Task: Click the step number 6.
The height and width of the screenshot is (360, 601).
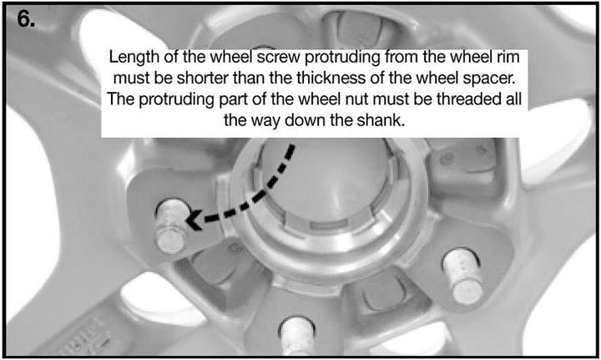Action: (26, 18)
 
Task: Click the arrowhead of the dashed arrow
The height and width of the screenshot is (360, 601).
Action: (194, 220)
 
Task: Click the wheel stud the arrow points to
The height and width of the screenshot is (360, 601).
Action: (171, 226)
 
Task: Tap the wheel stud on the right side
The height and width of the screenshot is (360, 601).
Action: (462, 276)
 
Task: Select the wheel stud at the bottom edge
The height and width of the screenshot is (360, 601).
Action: (297, 336)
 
